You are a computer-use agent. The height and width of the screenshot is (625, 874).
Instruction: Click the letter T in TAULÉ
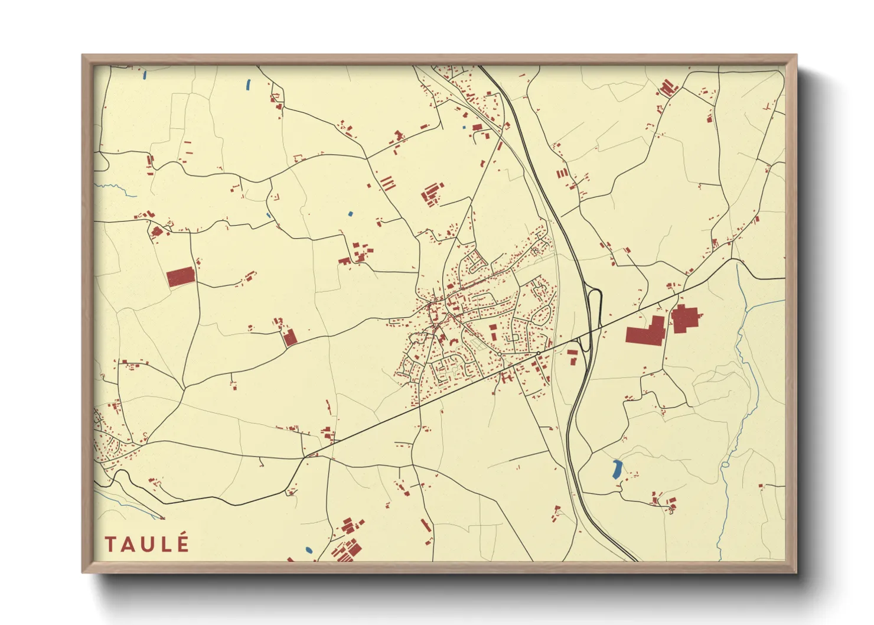[x=110, y=544]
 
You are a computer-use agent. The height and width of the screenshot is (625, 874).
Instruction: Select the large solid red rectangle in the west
[x=181, y=276]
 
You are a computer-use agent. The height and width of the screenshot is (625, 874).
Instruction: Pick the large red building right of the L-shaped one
[x=684, y=319]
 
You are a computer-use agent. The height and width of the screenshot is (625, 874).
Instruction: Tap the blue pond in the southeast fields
[x=616, y=469]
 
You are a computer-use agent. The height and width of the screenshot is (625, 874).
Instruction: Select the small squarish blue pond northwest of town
[x=350, y=213]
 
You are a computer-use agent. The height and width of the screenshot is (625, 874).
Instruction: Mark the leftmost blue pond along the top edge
[x=144, y=75]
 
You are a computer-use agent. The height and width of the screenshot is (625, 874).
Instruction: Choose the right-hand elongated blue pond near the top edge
[x=247, y=85]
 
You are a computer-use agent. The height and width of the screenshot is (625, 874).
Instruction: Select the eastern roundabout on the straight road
[x=539, y=353]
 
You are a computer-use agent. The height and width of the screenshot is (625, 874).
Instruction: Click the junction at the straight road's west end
[x=305, y=457]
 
